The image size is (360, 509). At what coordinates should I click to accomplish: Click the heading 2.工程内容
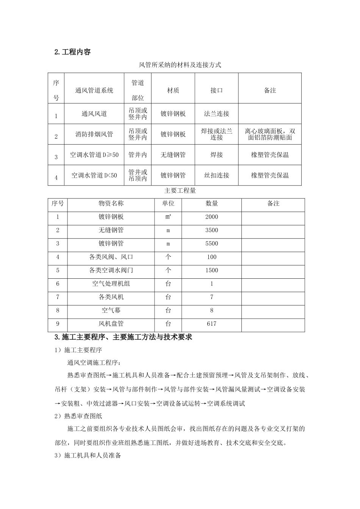(x=72, y=52)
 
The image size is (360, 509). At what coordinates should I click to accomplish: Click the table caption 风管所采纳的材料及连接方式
(x=180, y=65)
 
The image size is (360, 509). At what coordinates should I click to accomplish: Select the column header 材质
(x=173, y=91)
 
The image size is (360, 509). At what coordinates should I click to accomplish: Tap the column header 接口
(x=216, y=91)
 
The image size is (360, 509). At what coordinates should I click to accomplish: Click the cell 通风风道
(x=94, y=114)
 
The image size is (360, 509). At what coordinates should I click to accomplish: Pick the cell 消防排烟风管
(x=94, y=134)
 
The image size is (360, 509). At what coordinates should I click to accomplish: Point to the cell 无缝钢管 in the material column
(x=173, y=155)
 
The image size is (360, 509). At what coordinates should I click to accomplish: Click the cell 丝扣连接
(x=216, y=175)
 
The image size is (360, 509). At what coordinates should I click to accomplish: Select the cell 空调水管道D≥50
(x=94, y=155)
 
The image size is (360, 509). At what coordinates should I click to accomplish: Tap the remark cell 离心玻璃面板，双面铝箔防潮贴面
(x=270, y=134)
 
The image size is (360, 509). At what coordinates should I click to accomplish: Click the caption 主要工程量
(x=180, y=191)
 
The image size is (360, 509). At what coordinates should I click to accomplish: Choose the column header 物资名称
(x=111, y=204)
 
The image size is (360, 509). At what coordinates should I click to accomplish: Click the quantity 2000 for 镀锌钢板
(x=211, y=217)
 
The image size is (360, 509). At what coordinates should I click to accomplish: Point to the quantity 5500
(x=211, y=244)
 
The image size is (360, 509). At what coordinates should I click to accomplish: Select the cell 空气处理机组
(x=111, y=284)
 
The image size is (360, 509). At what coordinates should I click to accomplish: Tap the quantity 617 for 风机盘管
(x=211, y=324)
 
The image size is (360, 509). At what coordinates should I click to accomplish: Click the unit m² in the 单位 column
(x=168, y=217)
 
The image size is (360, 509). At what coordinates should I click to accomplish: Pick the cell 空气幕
(x=111, y=311)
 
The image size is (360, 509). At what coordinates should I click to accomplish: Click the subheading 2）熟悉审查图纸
(x=78, y=416)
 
